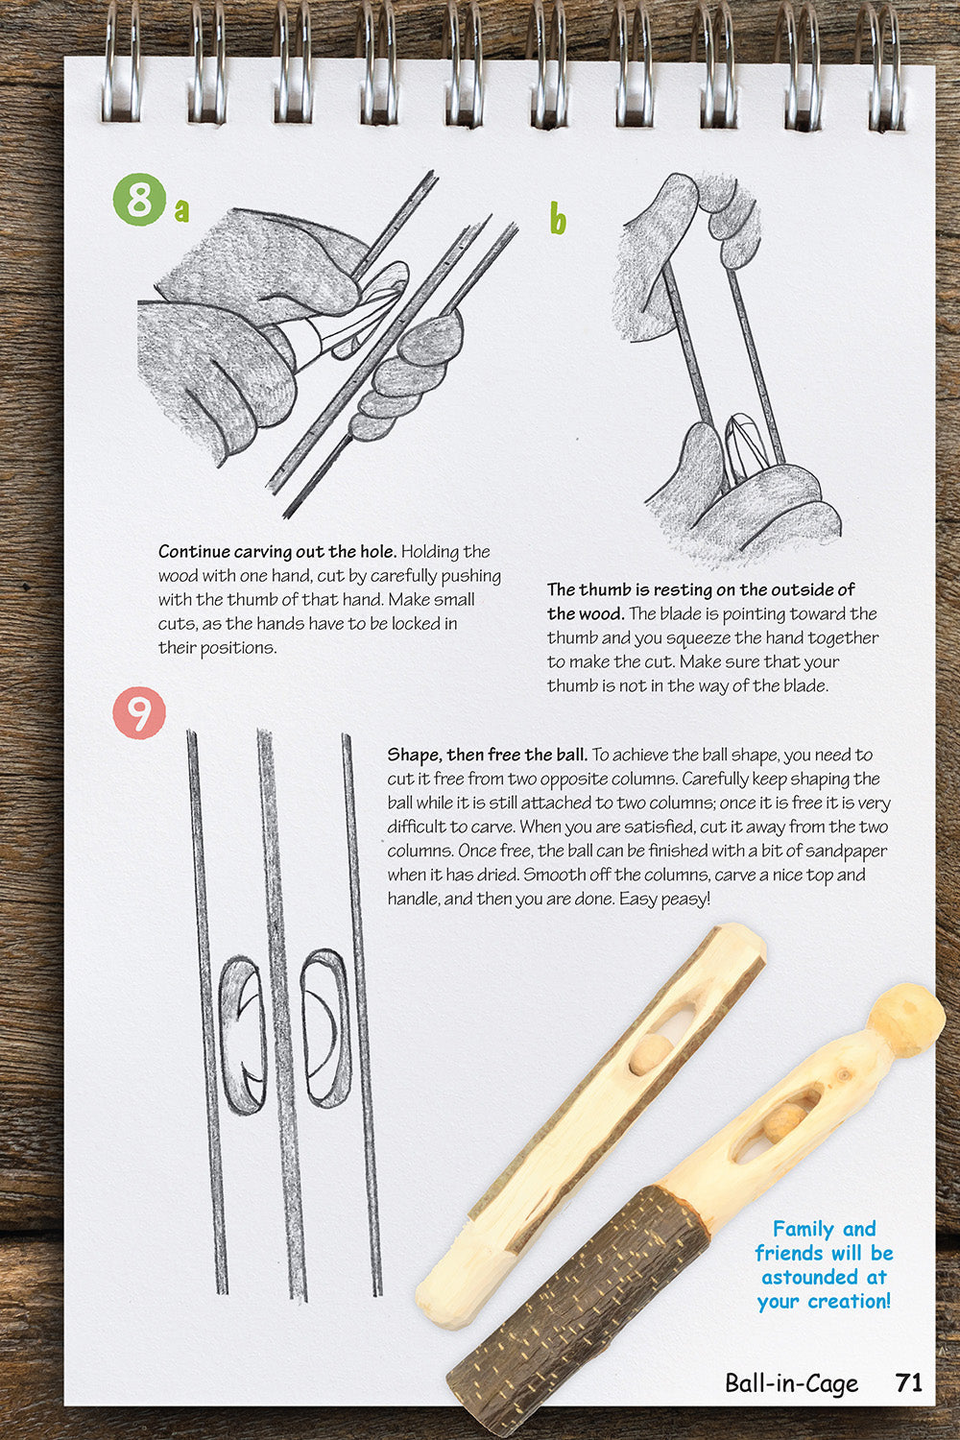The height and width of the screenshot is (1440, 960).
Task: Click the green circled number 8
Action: coord(139,200)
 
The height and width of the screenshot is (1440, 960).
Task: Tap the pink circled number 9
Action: coord(139,713)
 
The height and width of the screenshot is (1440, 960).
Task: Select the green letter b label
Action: coord(558,219)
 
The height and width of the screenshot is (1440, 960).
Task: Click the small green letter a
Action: coord(181,210)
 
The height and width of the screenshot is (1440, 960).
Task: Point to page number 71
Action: coord(908,1382)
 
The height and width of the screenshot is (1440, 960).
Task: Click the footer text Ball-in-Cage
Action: coord(791,1382)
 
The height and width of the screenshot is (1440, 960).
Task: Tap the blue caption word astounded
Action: coord(824,1278)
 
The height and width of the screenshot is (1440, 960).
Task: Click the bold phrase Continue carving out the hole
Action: coord(276,552)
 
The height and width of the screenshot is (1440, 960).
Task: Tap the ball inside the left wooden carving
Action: coord(650,1052)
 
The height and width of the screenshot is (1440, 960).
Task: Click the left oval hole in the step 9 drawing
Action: coord(242,1035)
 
